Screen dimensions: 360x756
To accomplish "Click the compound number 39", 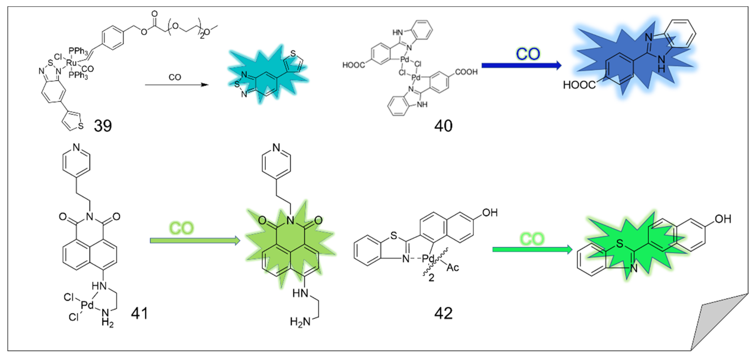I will (103, 126).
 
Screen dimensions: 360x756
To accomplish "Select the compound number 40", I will (443, 126).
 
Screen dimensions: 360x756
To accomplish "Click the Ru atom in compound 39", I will (71, 63).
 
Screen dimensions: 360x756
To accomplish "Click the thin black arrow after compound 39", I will (176, 85).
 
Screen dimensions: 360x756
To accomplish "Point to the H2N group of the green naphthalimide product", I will (300, 322).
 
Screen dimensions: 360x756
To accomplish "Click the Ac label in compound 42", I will (453, 267).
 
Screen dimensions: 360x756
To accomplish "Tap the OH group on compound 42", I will (490, 213).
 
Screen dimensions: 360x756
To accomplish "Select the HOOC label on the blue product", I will (579, 85).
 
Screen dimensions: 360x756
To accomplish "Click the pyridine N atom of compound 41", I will (76, 147).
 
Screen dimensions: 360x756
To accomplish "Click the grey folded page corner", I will (719, 323).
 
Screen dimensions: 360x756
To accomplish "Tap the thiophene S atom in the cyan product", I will (293, 54).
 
